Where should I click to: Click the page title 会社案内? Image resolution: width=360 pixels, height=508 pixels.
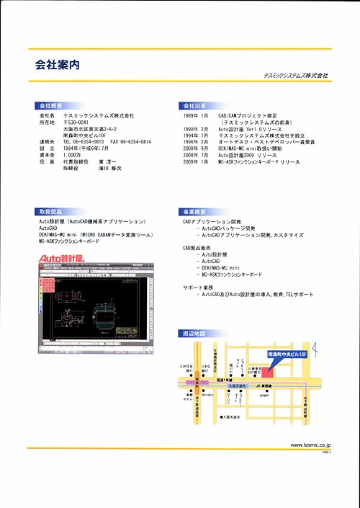[x=58, y=64]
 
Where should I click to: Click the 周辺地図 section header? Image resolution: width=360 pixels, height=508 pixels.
[x=194, y=334]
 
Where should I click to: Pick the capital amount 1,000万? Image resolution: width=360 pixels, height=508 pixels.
[x=72, y=155]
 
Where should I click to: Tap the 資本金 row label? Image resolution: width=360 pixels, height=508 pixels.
[x=46, y=155]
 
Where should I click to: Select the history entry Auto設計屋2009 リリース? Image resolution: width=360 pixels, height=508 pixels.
[x=248, y=155]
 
